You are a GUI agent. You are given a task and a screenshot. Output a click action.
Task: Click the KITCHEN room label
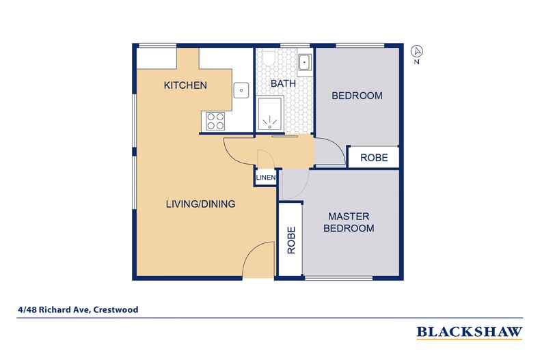pyautogui.click(x=185, y=85)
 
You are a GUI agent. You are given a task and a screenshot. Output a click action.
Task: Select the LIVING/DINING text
pyautogui.click(x=201, y=204)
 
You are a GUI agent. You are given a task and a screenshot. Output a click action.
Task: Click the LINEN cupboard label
pyautogui.click(x=265, y=178)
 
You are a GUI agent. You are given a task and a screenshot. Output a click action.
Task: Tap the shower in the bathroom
pyautogui.click(x=272, y=113)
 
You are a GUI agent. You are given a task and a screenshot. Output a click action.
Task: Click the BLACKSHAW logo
pyautogui.click(x=469, y=333)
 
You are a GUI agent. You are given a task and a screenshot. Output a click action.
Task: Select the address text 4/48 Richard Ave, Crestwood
pyautogui.click(x=78, y=309)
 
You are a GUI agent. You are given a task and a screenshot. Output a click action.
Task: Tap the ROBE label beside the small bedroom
pyautogui.click(x=374, y=157)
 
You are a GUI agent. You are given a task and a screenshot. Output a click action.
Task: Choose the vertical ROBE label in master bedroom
pyautogui.click(x=291, y=240)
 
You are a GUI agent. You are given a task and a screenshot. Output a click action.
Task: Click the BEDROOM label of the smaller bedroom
pyautogui.click(x=356, y=96)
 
